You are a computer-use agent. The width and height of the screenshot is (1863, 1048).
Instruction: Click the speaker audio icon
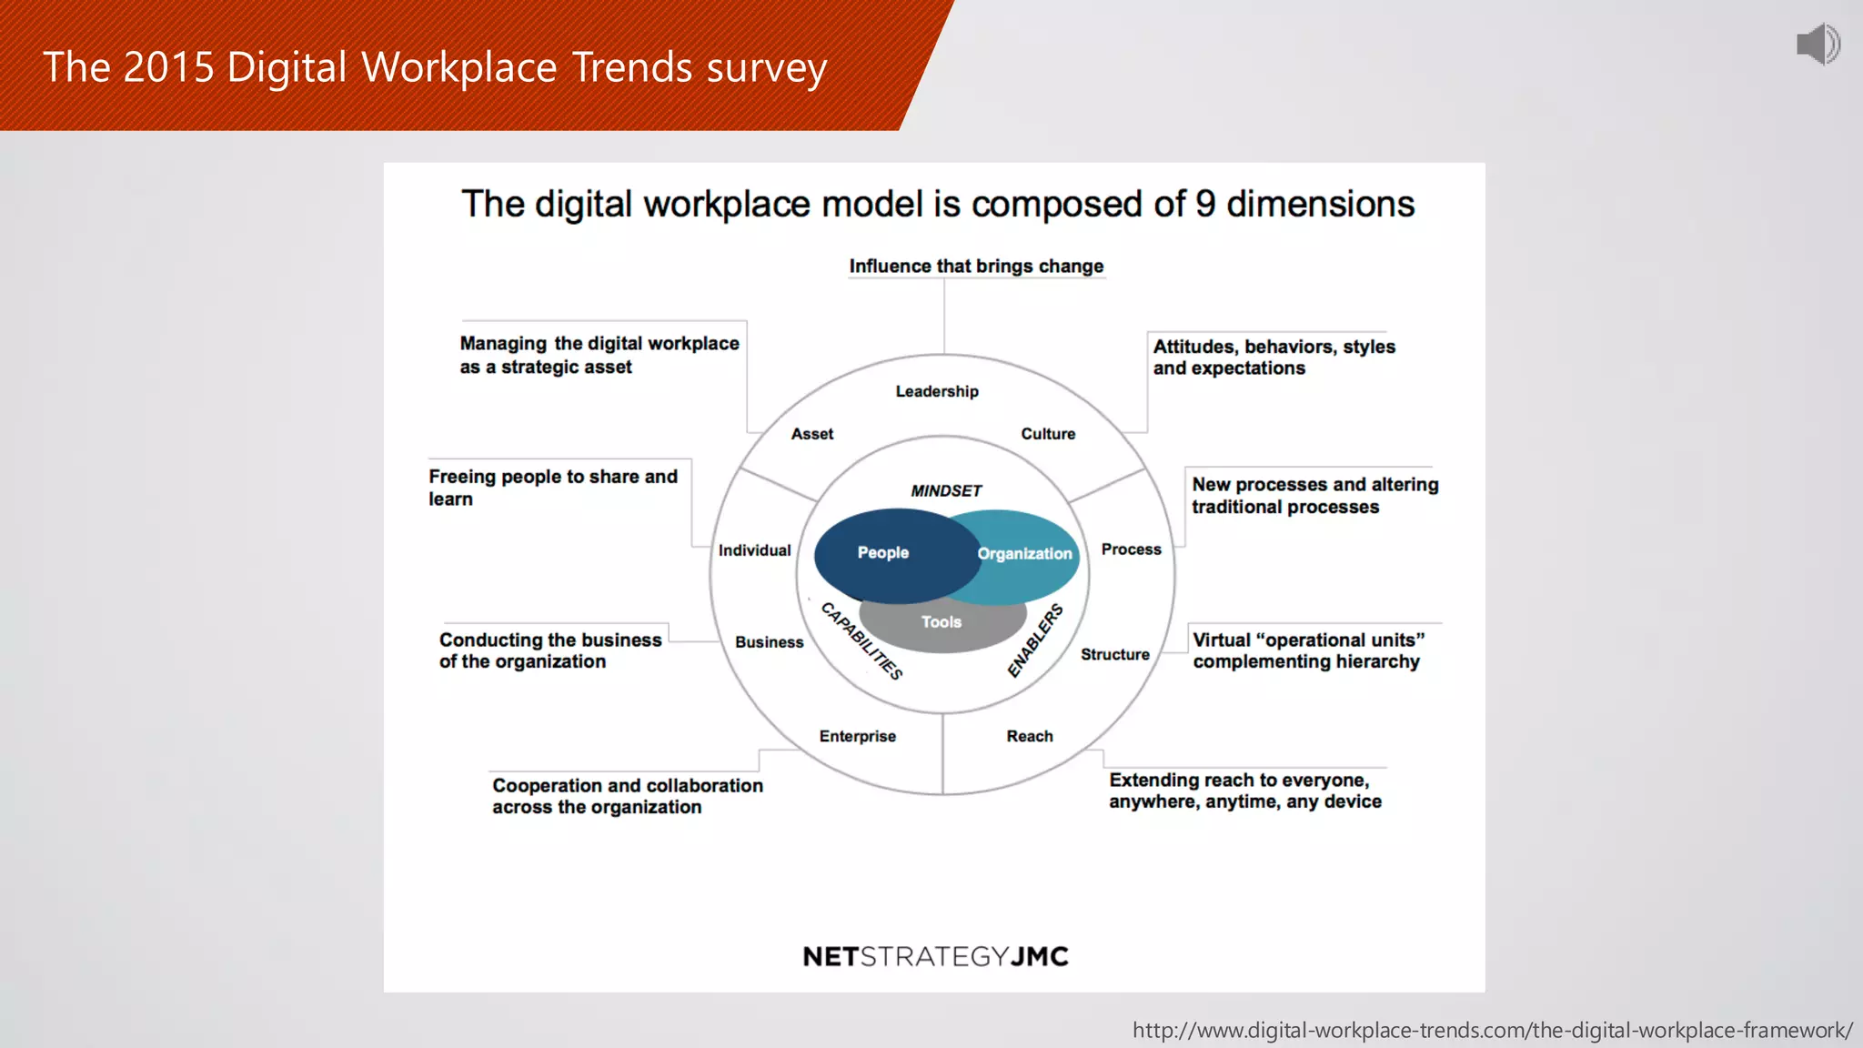[1818, 44]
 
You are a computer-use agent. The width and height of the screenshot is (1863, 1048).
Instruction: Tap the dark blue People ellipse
[883, 553]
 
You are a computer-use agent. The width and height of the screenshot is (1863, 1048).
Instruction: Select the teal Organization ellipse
[1028, 553]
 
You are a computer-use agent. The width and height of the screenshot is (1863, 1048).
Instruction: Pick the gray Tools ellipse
[942, 624]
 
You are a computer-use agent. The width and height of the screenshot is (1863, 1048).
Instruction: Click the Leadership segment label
[937, 391]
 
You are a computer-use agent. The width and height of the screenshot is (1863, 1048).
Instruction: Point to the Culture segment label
[1048, 434]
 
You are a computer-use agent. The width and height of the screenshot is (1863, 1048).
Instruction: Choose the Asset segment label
[812, 434]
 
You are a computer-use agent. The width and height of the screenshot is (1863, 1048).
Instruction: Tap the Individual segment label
[754, 550]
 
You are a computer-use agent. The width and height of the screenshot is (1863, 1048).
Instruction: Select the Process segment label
[1131, 549]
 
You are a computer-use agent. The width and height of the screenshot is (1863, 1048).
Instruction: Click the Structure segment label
[1114, 654]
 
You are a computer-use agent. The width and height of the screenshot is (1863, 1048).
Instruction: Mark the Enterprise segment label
[857, 736]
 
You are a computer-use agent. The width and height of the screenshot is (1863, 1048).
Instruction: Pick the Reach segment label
[1030, 736]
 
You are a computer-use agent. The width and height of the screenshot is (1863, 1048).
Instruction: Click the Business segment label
[769, 642]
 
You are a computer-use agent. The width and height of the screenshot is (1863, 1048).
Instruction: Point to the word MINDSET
[946, 491]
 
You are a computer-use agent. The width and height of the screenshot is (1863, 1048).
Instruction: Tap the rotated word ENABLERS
[1035, 640]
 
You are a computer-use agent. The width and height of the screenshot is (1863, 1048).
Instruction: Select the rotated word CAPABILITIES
[861, 640]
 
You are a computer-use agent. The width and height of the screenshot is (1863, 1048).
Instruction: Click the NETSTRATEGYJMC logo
[935, 956]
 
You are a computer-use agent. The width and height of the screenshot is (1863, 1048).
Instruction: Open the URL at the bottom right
[1492, 1031]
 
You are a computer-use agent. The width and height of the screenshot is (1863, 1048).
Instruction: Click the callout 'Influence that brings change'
[976, 267]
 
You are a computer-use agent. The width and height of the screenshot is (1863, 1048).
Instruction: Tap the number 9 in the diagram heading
[1205, 204]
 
